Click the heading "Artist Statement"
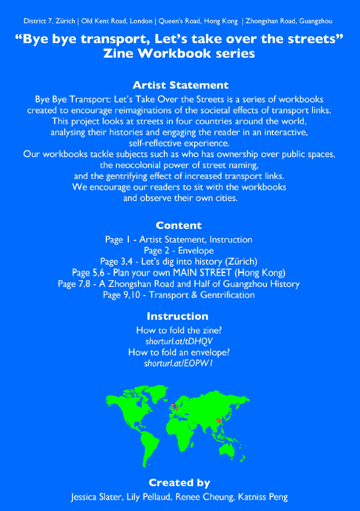180,85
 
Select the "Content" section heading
178,225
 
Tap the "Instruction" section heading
177,316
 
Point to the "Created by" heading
179,483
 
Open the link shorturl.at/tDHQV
179,341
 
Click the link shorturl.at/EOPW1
179,364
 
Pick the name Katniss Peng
267,497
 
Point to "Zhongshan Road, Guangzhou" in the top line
289,21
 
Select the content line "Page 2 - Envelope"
178,250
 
